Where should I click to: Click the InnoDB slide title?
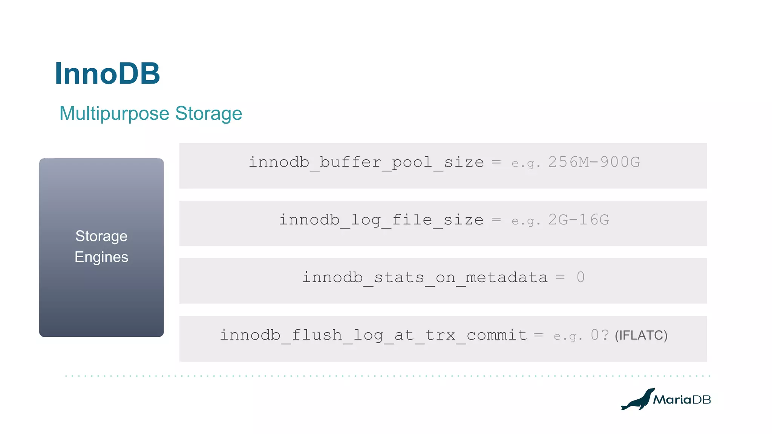click(107, 73)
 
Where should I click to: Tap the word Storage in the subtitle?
click(208, 114)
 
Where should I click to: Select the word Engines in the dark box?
click(101, 257)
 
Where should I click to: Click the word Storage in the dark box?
click(101, 236)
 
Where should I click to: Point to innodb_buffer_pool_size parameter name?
click(366, 162)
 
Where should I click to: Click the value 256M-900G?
click(594, 162)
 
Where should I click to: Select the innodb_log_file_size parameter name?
click(381, 220)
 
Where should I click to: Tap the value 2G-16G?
click(578, 220)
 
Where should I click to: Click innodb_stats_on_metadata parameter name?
click(425, 278)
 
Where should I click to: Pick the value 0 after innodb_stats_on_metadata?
click(581, 278)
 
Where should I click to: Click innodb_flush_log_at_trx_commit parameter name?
click(373, 335)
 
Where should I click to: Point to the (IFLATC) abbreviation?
click(641, 335)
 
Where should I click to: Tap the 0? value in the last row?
click(599, 335)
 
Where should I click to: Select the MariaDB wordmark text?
click(682, 400)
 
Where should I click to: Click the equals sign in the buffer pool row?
click(496, 162)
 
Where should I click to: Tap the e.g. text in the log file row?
click(526, 221)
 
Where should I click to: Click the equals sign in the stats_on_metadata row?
click(560, 278)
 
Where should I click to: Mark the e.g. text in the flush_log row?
click(568, 336)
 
